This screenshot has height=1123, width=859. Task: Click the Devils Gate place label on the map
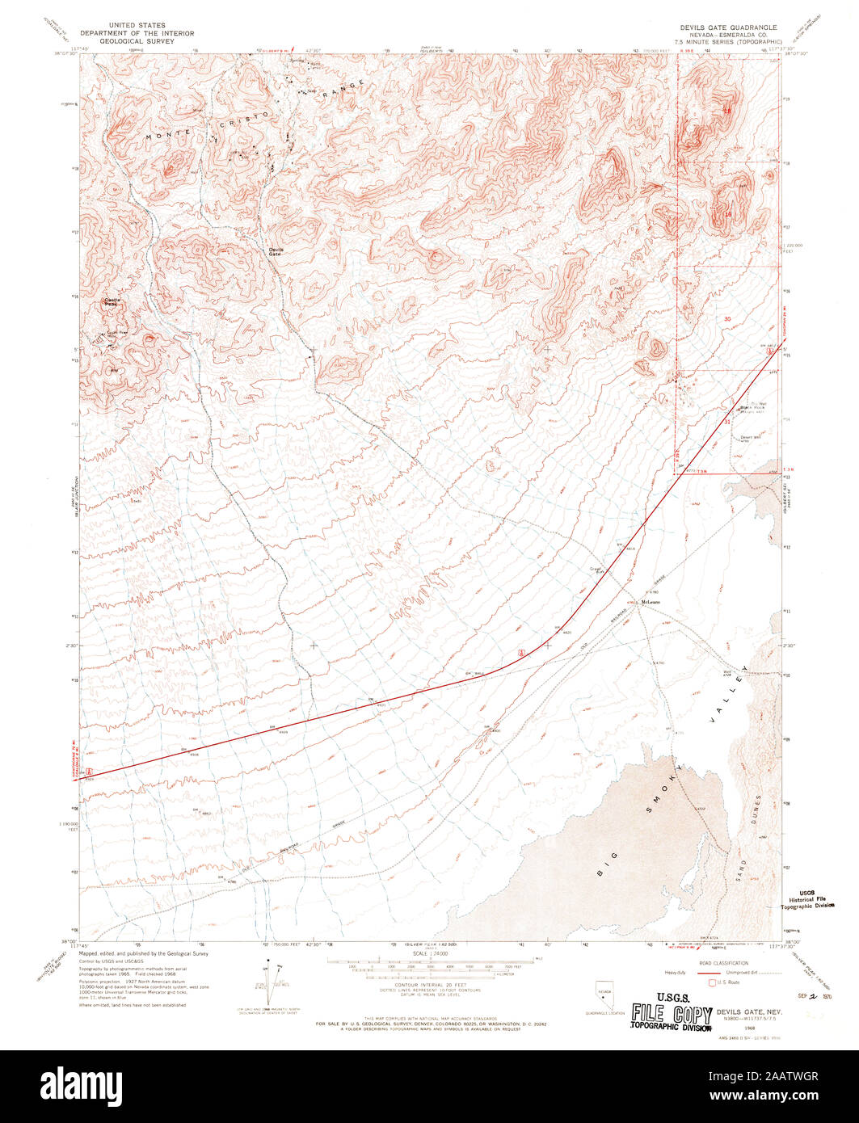(276, 251)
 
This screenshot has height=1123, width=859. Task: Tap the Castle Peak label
(112, 301)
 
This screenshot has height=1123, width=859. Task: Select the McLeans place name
(651, 602)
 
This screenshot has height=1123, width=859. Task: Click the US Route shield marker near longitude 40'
(522, 652)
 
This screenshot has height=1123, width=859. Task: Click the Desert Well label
(752, 439)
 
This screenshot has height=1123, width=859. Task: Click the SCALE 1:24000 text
(431, 954)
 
